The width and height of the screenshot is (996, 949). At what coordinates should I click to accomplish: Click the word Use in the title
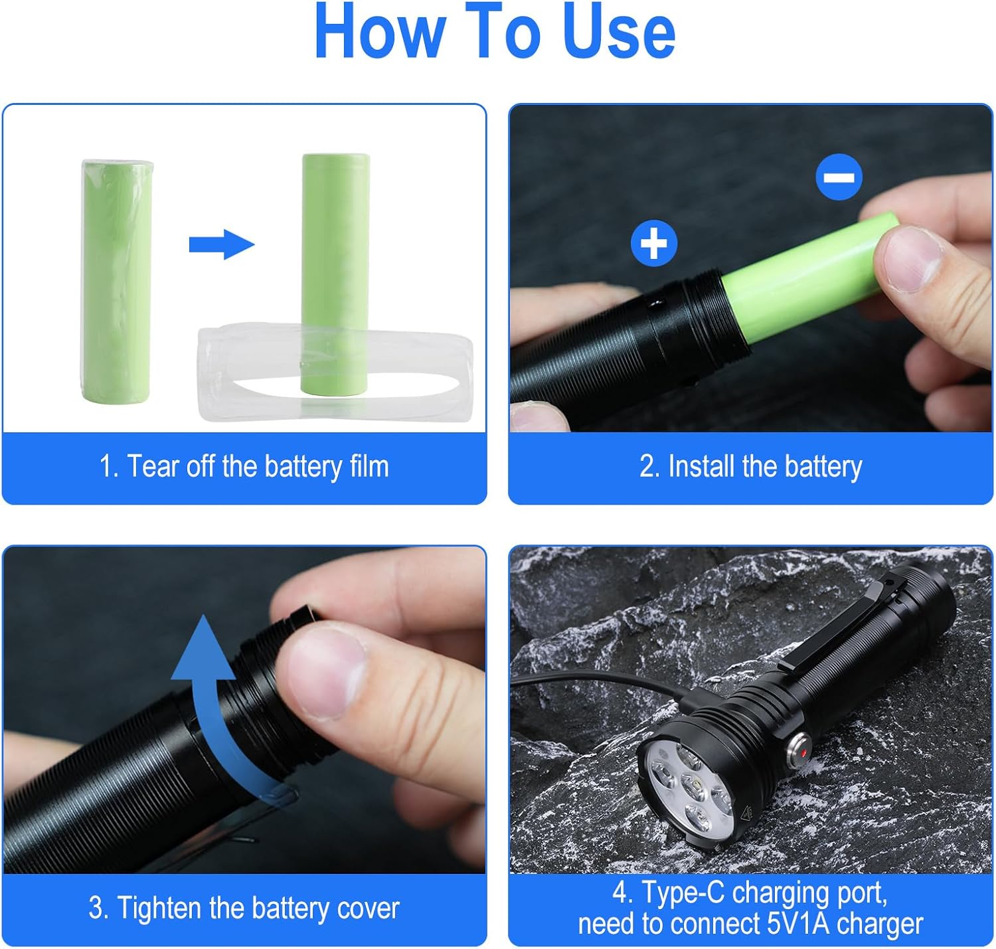[x=618, y=32]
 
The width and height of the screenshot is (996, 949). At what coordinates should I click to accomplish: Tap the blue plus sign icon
[x=654, y=243]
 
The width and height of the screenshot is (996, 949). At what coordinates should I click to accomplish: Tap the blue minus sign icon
[x=839, y=177]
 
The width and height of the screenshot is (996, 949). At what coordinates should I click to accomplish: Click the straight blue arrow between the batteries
[x=221, y=244]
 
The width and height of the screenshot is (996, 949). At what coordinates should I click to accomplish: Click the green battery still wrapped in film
[x=116, y=280]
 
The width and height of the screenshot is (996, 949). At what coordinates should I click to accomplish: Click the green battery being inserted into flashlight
[x=810, y=279]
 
